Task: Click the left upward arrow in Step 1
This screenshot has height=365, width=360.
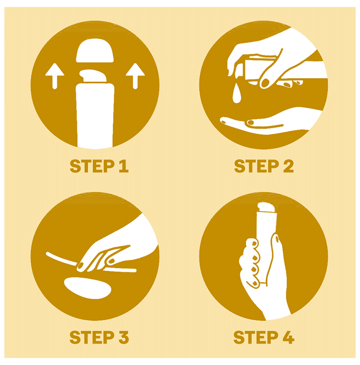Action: (55, 76)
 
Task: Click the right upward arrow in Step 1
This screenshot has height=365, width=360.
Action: (135, 76)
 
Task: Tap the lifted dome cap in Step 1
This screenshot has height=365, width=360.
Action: (95, 51)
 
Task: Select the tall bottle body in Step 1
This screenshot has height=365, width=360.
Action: (95, 115)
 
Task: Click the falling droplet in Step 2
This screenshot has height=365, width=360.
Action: (236, 93)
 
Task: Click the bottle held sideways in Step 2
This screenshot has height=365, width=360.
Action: (258, 69)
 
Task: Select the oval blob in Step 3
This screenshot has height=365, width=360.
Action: (88, 288)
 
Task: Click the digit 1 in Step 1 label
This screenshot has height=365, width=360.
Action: (124, 166)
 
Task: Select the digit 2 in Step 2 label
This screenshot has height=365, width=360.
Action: (289, 166)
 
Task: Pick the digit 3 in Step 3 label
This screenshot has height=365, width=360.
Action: (124, 337)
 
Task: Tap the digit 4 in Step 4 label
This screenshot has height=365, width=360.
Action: (289, 337)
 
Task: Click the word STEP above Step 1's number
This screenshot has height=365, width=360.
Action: (92, 166)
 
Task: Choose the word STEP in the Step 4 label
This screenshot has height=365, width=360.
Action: (256, 337)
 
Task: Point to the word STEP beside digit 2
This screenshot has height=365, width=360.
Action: (257, 166)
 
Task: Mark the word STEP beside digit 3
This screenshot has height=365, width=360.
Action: (92, 337)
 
